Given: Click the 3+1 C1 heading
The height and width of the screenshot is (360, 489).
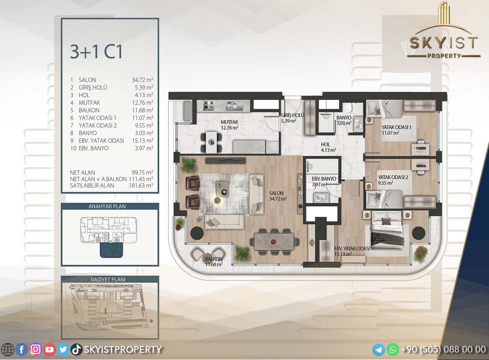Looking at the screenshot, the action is coord(96,52).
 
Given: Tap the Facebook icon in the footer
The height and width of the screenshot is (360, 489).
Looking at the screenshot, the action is coord(22,350).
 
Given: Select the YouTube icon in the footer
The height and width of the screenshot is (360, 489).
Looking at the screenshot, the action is coord(49,350).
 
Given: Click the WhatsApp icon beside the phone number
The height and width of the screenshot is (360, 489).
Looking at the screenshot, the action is coord(393,350).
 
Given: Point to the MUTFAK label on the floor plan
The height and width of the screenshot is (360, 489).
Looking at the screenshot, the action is coord(229,122).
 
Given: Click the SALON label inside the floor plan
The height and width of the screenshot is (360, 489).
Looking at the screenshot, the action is coord(276,193).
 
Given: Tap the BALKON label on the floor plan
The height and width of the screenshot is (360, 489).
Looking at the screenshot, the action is coord(214,259).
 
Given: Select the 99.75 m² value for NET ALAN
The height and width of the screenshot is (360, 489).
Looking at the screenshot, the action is coord(142,172).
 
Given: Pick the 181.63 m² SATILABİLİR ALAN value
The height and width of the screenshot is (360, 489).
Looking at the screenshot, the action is coord(141,186).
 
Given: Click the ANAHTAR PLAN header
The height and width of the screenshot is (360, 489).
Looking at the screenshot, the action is coord(107,206).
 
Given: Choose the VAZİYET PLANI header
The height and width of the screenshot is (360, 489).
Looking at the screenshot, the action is coord(108,279).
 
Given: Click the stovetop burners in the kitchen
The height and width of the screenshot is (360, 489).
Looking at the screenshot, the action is coord(209,106).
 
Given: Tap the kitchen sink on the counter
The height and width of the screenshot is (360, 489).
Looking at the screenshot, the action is coord(231,106).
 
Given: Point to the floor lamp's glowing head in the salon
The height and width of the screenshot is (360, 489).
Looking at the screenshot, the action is coord(217,200).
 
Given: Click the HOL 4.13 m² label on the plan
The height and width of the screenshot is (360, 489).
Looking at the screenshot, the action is coord(328,147).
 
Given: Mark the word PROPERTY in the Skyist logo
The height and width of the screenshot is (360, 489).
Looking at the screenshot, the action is coord(444,56).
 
